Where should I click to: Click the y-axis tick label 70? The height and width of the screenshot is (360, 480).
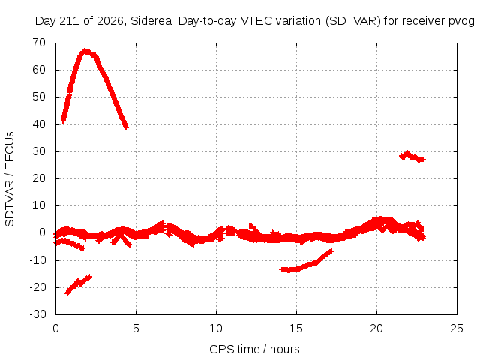39,43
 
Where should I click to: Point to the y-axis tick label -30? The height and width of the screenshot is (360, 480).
37,314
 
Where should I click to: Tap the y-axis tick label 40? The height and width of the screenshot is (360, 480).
39,124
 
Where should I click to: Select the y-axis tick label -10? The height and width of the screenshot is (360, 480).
37,260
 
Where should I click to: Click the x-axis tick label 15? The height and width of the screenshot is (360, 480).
296,328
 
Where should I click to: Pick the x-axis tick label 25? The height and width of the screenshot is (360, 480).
457,328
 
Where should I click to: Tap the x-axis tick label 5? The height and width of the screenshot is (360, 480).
136,328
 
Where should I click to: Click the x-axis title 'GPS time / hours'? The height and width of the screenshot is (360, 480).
254,349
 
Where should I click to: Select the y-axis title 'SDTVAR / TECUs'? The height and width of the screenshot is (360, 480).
10,179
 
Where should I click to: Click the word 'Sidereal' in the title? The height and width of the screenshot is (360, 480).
152,21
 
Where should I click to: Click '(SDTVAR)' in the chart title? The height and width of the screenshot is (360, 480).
353,21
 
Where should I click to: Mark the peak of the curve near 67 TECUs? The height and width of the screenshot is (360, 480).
85,51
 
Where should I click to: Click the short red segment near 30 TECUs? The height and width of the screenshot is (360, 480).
412,157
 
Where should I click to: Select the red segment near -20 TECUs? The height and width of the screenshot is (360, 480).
78,284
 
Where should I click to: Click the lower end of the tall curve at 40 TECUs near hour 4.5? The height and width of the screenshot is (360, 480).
126,127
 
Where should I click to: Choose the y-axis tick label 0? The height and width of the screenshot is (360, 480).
43,232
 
